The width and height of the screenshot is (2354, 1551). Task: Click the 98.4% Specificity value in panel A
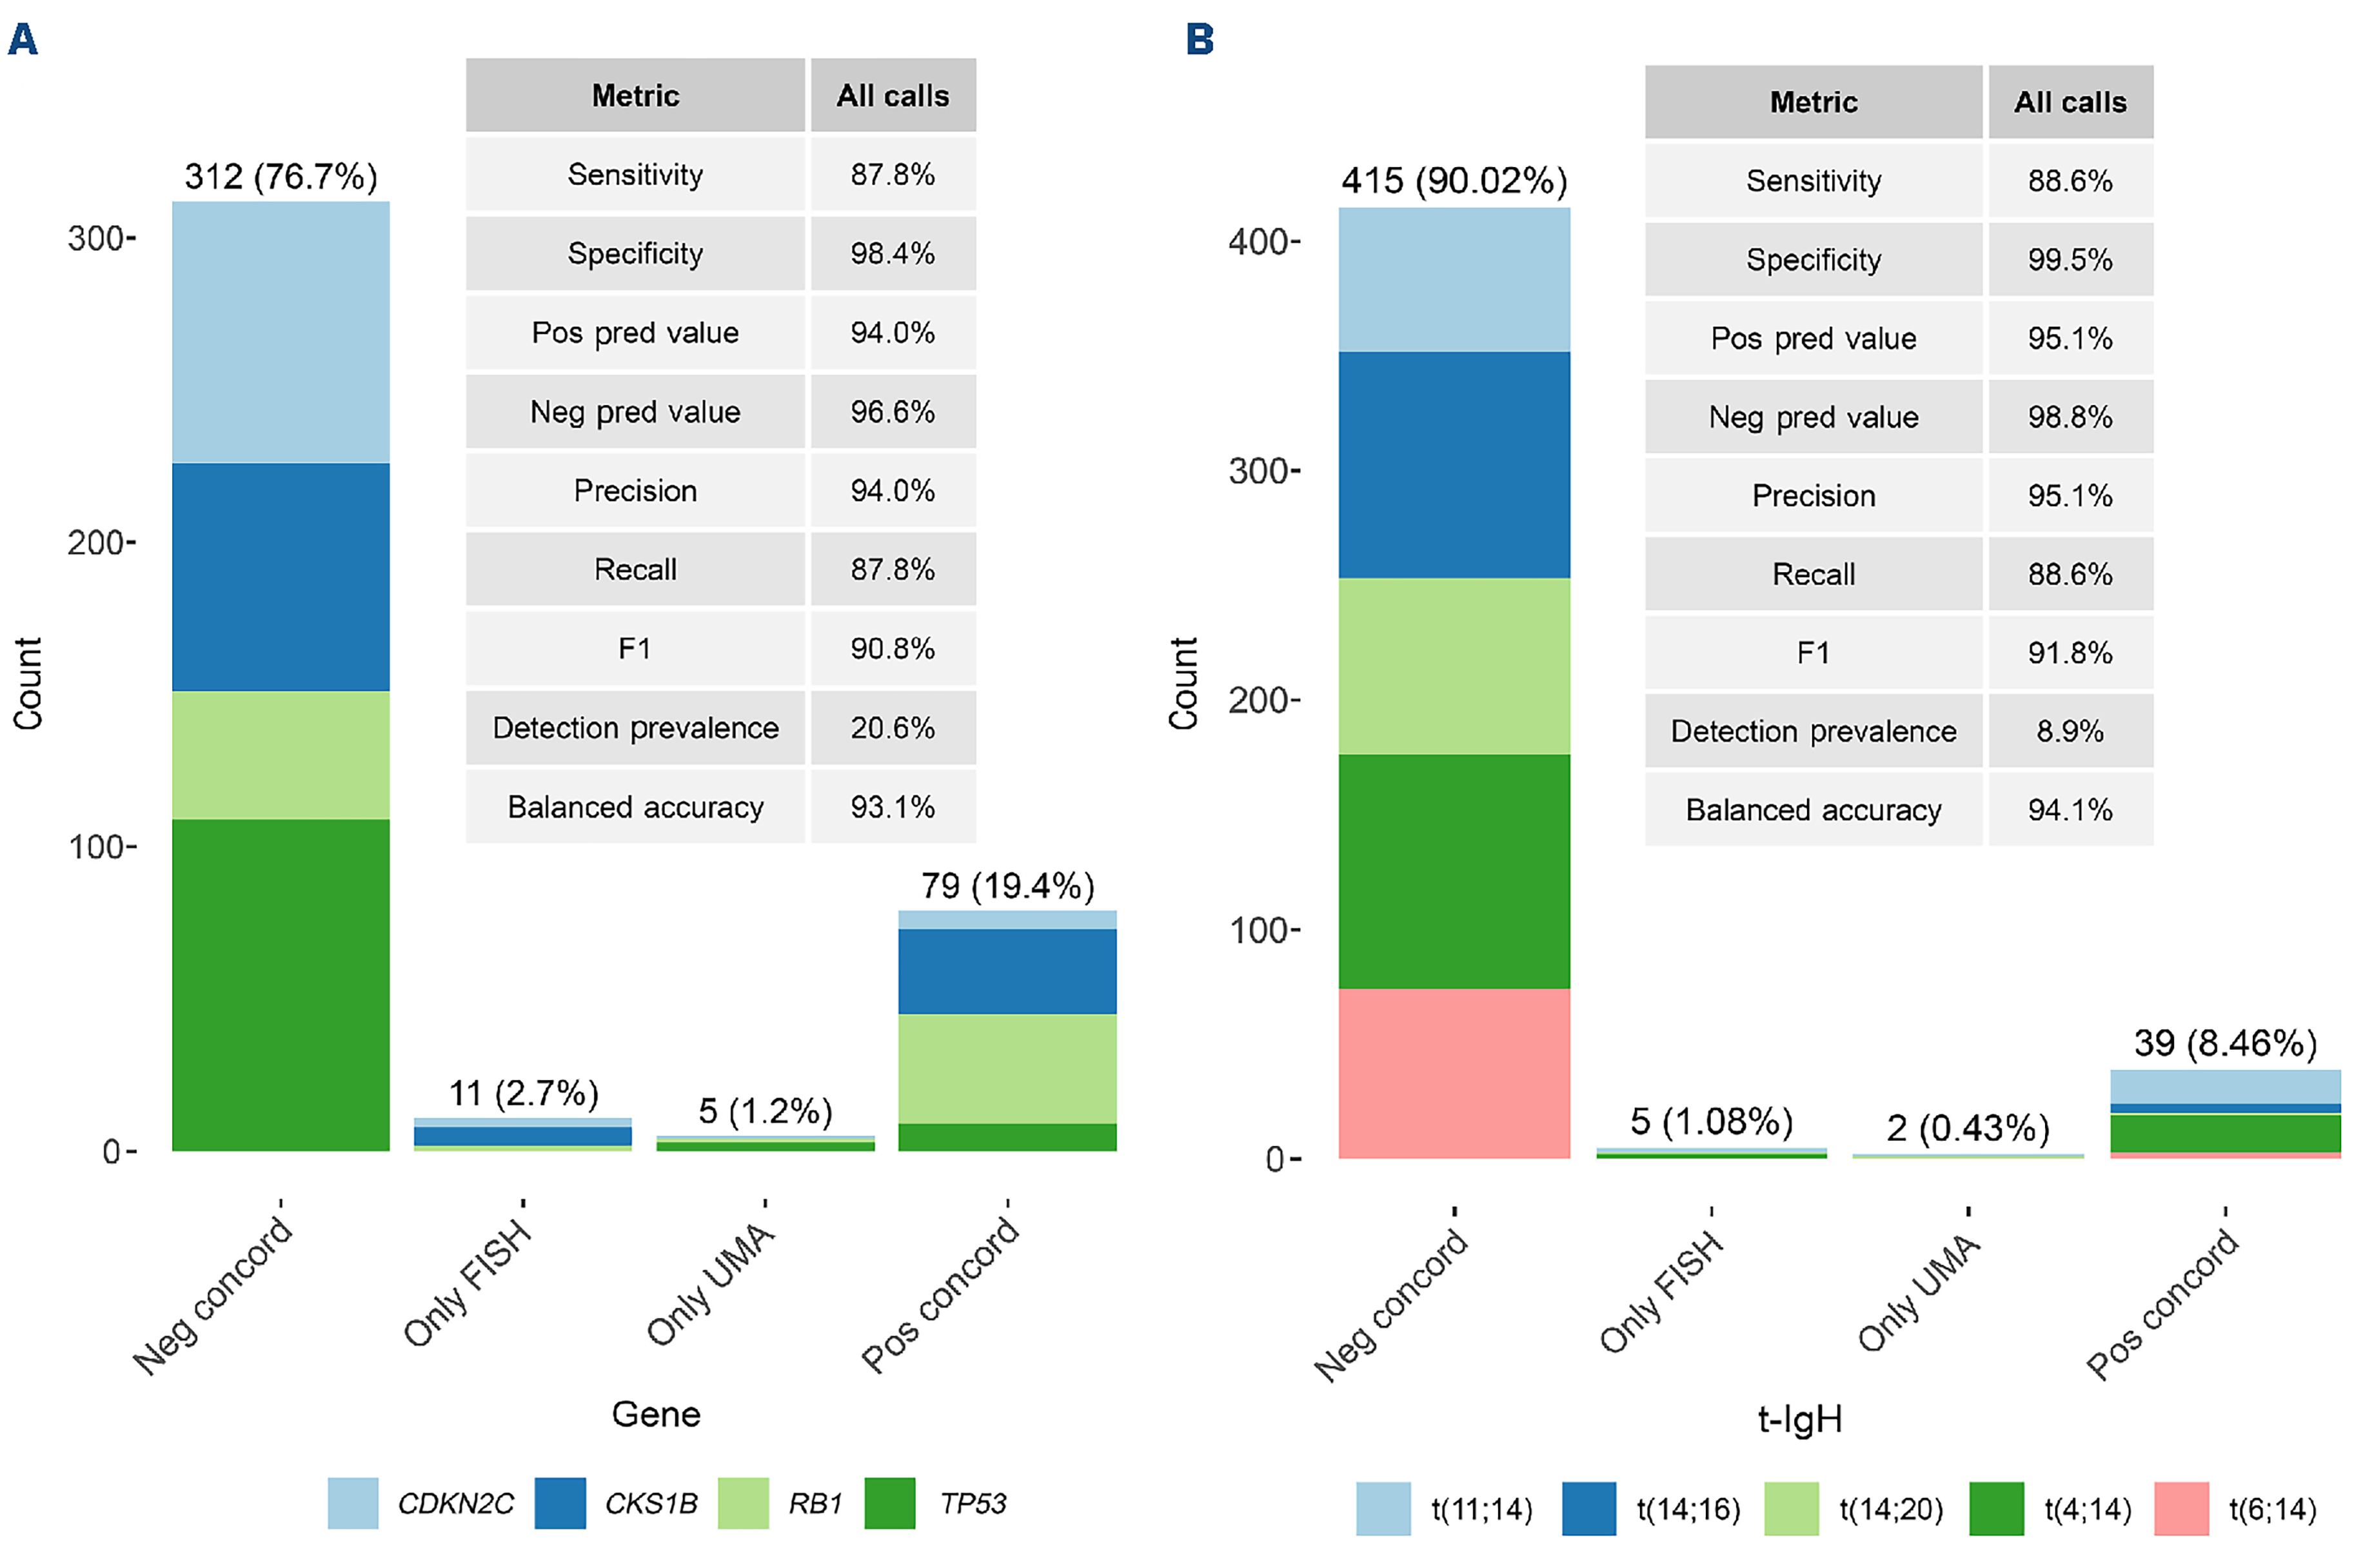pos(892,254)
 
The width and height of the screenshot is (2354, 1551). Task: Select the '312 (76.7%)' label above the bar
pos(281,177)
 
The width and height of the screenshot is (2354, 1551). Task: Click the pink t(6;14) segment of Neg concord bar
pos(1453,1073)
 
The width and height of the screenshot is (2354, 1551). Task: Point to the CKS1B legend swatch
pos(560,1503)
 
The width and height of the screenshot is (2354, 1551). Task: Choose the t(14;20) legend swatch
pos(1790,1508)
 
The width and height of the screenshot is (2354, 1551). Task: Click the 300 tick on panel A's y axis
pos(99,239)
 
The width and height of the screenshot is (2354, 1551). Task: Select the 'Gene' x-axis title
pos(656,1414)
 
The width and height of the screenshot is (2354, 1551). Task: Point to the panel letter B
pos(1200,39)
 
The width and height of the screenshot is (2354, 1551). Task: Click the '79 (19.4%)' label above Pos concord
pos(1007,886)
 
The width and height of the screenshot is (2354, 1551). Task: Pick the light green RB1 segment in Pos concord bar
pos(1007,1069)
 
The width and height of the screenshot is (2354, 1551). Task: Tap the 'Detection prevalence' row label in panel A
pos(635,728)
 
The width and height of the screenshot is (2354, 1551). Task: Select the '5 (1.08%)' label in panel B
pos(1711,1121)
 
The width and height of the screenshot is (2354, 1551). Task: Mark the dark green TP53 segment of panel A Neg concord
pos(281,984)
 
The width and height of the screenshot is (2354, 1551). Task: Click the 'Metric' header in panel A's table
pos(635,96)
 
